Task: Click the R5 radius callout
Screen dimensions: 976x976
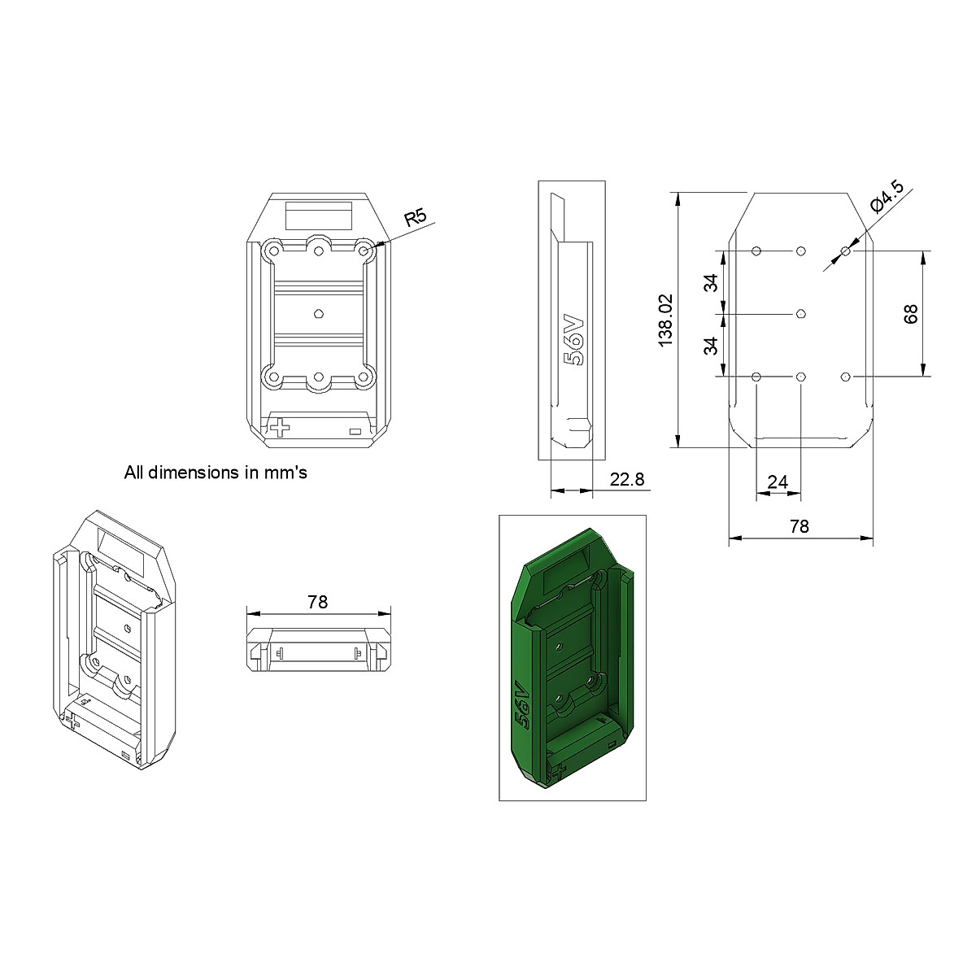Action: coord(416,218)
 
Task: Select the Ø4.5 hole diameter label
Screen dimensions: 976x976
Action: coord(886,197)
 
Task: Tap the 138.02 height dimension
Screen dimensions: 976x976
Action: coord(666,320)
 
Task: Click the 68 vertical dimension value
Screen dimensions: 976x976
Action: coord(910,314)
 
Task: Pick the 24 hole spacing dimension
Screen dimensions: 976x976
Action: coord(778,482)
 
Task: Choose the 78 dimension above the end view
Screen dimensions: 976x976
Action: coord(317,602)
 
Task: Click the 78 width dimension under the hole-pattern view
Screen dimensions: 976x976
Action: coord(800,526)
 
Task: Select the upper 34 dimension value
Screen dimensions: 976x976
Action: coord(711,283)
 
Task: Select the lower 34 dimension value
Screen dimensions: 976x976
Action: coord(711,345)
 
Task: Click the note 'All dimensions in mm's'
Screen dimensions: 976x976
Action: coord(215,472)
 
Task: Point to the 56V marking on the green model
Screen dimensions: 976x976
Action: coord(522,704)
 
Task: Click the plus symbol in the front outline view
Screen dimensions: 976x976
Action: coord(281,427)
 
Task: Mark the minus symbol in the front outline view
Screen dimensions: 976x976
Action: coord(355,432)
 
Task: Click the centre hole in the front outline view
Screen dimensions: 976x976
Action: coord(318,312)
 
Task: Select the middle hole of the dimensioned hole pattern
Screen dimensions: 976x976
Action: coord(801,314)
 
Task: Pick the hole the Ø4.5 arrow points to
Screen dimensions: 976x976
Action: coord(846,252)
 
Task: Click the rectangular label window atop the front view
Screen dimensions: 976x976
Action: coord(318,217)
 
